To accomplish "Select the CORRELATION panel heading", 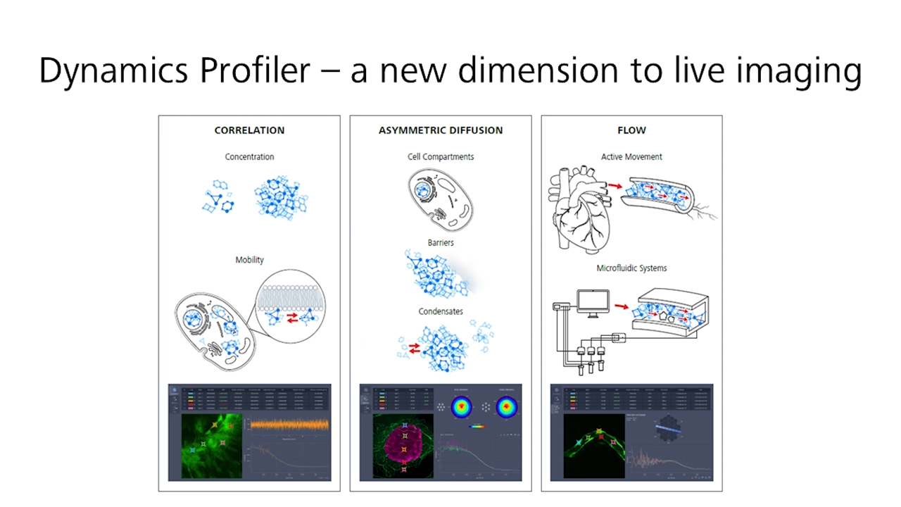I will (x=249, y=130).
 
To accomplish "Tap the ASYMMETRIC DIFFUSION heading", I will (x=441, y=130).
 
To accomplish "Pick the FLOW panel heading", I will (x=631, y=130).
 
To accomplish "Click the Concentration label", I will (x=249, y=156).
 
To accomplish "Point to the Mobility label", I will (x=249, y=260).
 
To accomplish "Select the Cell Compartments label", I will (x=441, y=156).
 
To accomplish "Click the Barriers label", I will (x=441, y=242).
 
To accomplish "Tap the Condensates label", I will (x=441, y=311).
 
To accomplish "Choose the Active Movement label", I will (x=631, y=156).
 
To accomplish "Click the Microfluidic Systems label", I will (x=631, y=268).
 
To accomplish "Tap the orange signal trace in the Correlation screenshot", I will (x=289, y=425).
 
